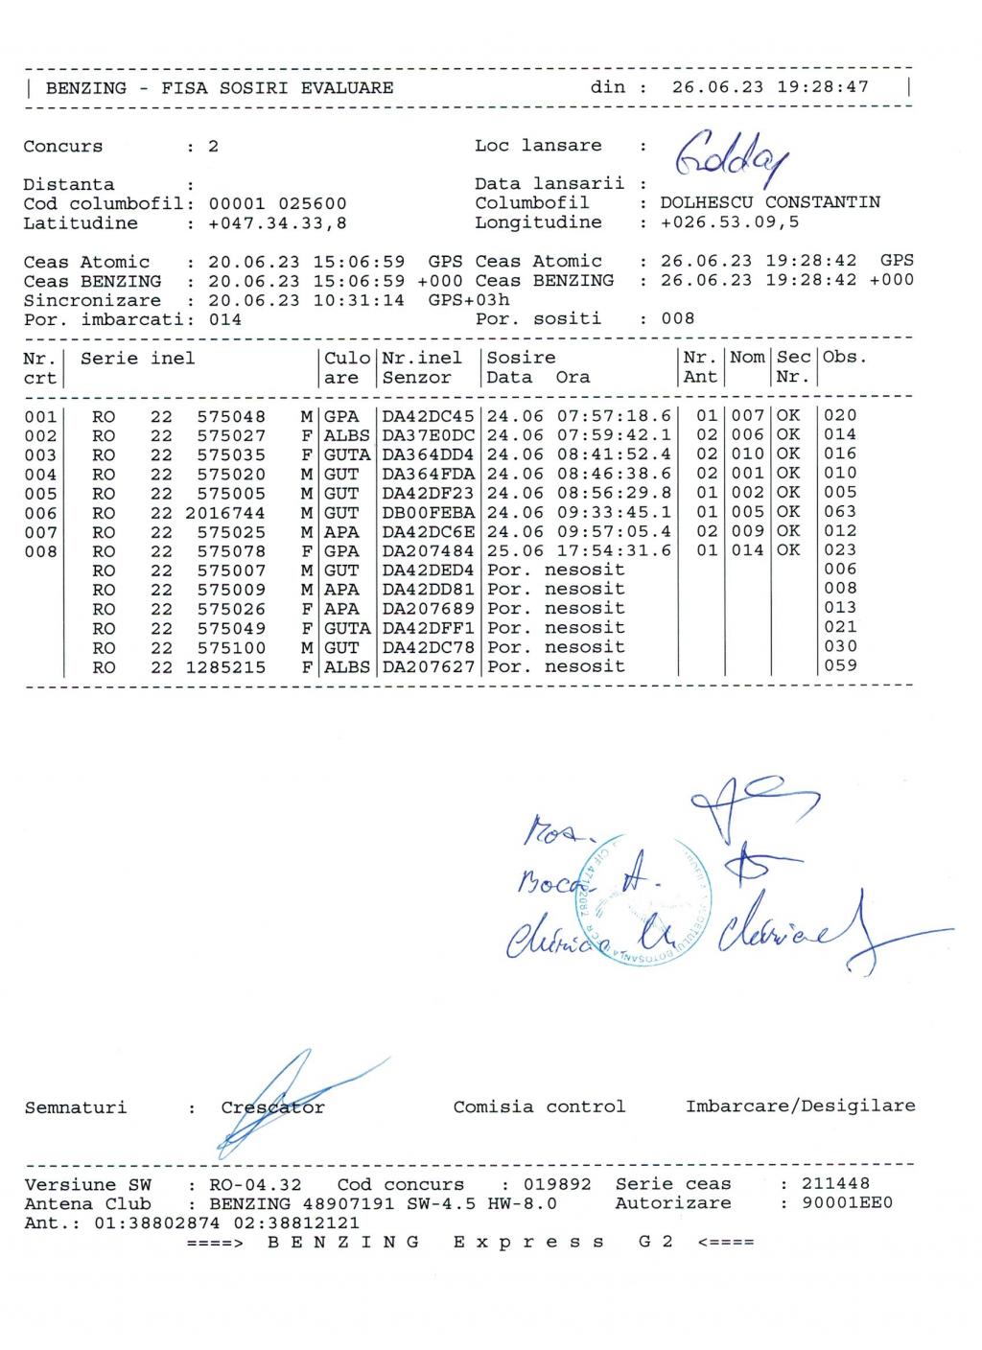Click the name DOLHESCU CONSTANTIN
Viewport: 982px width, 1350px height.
(x=769, y=203)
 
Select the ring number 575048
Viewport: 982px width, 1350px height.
(x=231, y=417)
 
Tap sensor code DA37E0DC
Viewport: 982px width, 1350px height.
(x=428, y=435)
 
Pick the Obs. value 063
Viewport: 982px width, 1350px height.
(x=840, y=512)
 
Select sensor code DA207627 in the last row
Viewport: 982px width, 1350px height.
(x=428, y=666)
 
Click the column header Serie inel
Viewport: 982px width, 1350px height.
(x=137, y=359)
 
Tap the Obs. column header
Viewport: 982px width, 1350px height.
(x=844, y=358)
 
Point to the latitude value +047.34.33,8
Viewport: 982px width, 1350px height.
(x=277, y=223)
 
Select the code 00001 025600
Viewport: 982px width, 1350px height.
(x=277, y=204)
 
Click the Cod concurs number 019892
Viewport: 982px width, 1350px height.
(x=557, y=1184)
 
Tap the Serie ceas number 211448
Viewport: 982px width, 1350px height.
(x=835, y=1184)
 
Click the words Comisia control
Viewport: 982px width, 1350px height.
(x=539, y=1107)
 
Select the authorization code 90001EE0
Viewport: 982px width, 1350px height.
(x=847, y=1203)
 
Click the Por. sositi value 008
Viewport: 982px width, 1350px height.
(x=677, y=318)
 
